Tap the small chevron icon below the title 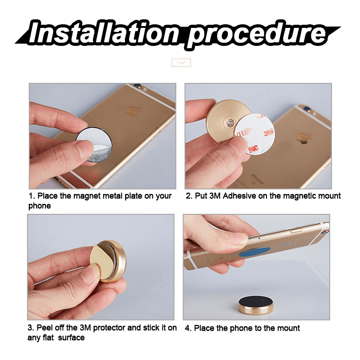coord(181,63)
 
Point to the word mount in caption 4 coord(287,328)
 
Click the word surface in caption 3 coord(72,337)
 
